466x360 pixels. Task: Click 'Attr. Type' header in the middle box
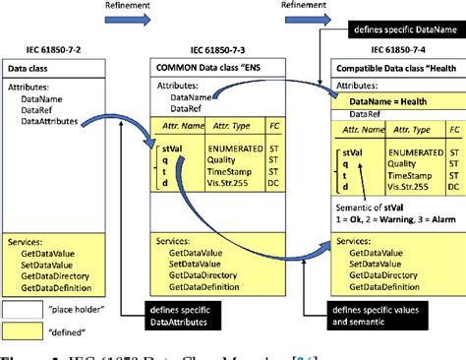pos(237,129)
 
